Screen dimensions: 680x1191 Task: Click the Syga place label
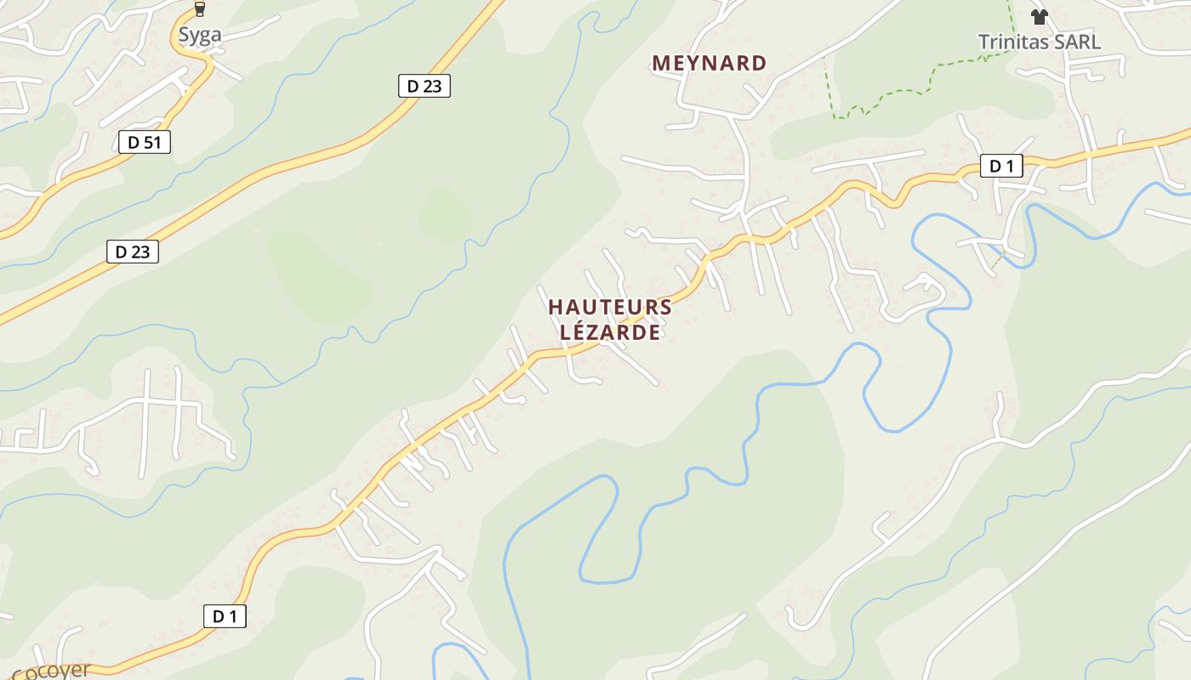coord(200,35)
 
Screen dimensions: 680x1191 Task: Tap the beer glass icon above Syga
coord(200,9)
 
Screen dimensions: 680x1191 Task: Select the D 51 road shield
coord(144,142)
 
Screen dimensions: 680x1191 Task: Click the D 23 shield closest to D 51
coord(133,252)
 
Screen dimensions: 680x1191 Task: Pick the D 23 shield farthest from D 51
coord(424,86)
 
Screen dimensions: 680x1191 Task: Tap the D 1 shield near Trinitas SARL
coord(1001,166)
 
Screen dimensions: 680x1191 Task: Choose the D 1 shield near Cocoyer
coord(225,616)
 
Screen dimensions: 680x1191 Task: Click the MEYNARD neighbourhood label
coord(709,63)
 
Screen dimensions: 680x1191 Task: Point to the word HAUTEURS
coord(610,307)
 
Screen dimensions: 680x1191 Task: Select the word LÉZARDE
coord(610,332)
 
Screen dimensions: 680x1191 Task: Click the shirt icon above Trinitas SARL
coord(1039,16)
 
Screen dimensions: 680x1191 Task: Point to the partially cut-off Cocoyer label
coord(51,671)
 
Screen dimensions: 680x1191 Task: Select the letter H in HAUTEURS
coord(556,307)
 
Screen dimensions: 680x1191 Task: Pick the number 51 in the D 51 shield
coord(151,142)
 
